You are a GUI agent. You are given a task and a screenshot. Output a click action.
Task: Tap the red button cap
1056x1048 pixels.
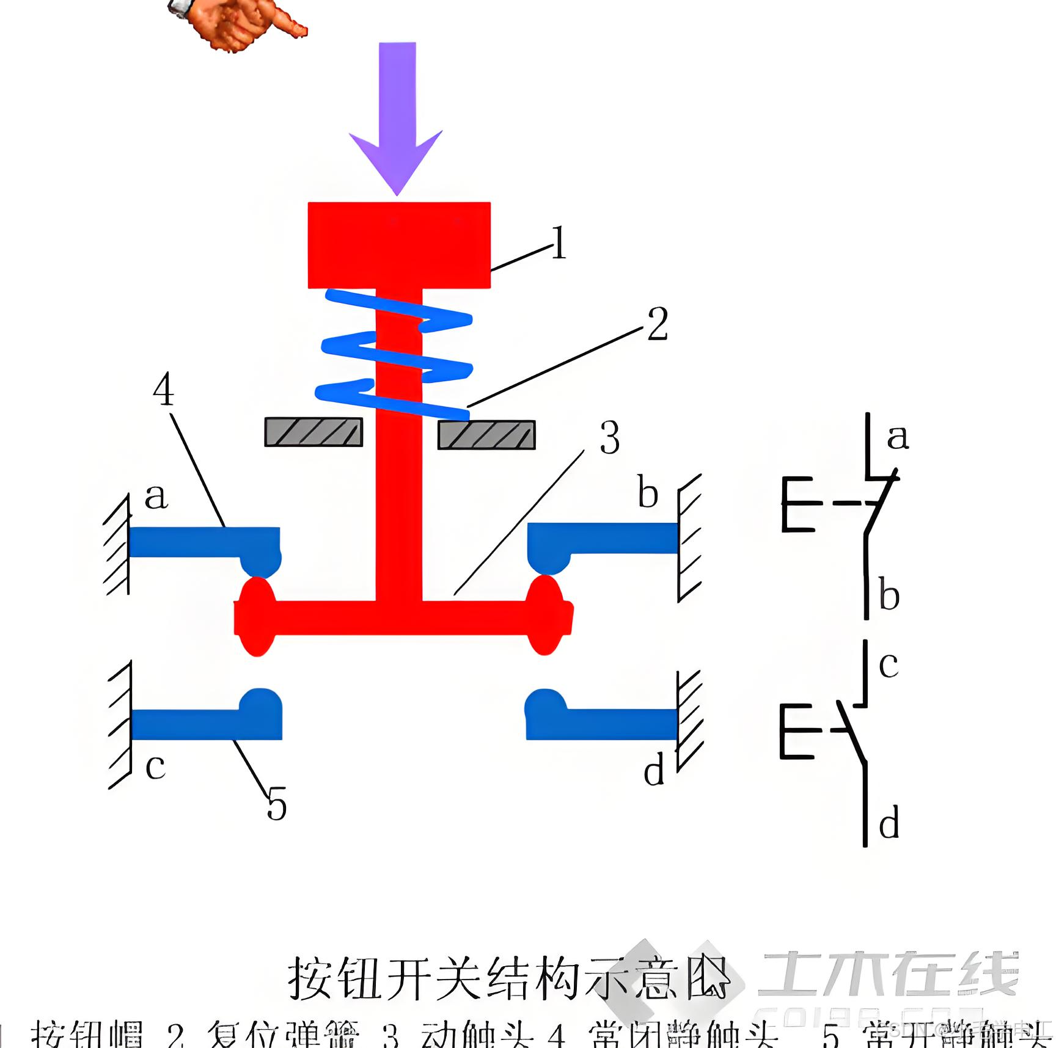(399, 244)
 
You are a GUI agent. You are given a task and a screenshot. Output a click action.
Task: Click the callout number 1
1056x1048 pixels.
(559, 244)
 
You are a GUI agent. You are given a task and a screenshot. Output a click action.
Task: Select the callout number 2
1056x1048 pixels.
(658, 323)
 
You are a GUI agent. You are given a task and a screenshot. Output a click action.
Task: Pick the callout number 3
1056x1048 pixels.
(609, 438)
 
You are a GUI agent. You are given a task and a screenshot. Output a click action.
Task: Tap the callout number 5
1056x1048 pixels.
(276, 804)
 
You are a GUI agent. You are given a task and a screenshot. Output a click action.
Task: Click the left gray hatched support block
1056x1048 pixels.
(313, 432)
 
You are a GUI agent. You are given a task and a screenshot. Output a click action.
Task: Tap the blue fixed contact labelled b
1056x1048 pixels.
(605, 539)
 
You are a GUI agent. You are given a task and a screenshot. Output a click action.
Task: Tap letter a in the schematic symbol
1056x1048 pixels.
(898, 437)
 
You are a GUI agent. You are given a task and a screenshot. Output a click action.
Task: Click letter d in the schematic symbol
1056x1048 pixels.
(889, 822)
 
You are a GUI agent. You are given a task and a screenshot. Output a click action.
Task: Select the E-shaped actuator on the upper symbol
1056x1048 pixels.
(796, 504)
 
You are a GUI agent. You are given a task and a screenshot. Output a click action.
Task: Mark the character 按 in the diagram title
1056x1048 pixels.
(311, 977)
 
